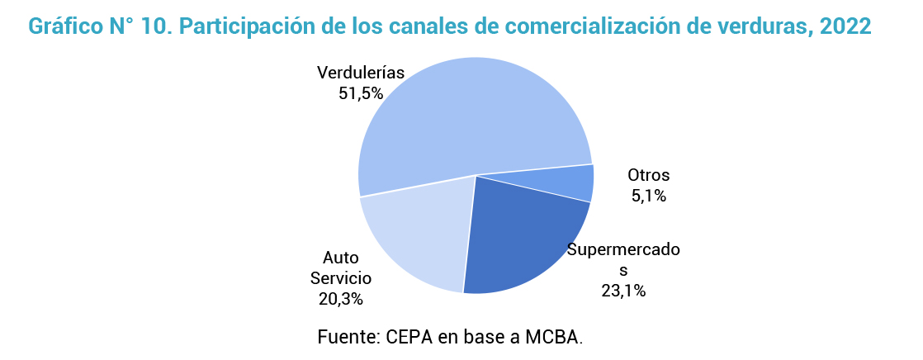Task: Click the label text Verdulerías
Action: point(361,73)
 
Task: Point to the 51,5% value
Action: point(361,93)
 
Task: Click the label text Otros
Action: point(648,175)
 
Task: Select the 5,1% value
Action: point(648,196)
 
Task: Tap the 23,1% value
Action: point(623,290)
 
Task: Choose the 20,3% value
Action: point(340,298)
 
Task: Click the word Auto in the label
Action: point(340,257)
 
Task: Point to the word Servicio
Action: point(340,277)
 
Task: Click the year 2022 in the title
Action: point(846,26)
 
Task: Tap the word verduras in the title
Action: point(749,26)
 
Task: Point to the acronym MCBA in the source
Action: point(555,337)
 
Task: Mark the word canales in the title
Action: point(384,26)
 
